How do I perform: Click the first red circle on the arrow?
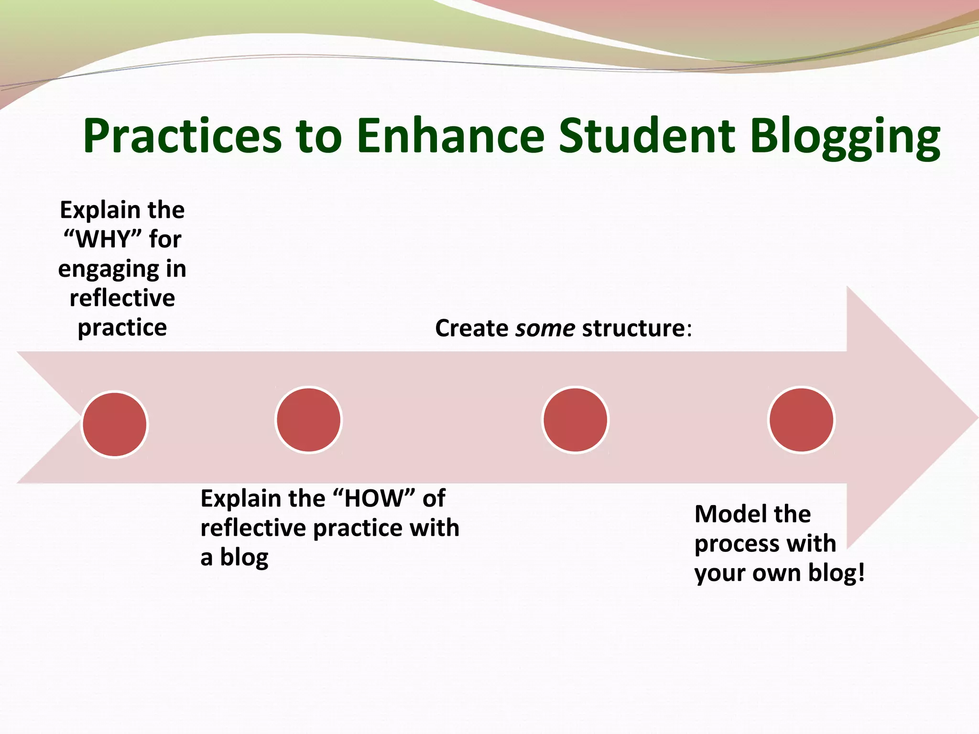(115, 424)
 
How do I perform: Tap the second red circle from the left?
(309, 420)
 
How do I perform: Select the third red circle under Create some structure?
(576, 420)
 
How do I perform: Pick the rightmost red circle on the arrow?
(802, 420)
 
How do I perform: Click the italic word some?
(545, 329)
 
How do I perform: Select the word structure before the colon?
(634, 329)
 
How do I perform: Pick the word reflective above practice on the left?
(122, 299)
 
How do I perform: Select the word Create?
(471, 329)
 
